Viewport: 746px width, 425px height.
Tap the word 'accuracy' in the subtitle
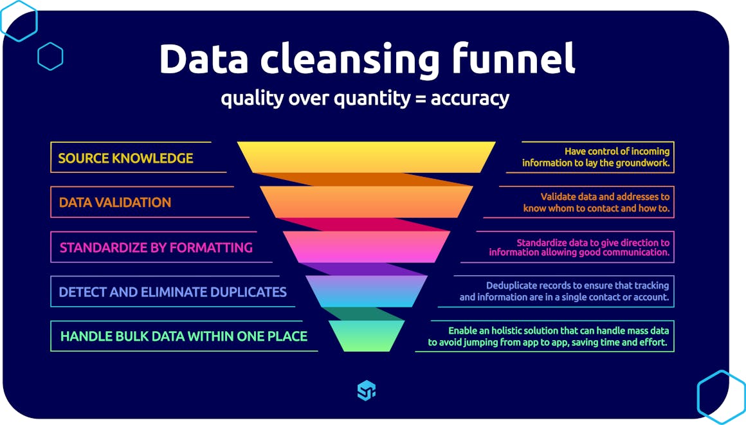pyautogui.click(x=469, y=99)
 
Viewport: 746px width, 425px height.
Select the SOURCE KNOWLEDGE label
pyautogui.click(x=125, y=158)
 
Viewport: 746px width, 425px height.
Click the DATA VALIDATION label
pyautogui.click(x=115, y=203)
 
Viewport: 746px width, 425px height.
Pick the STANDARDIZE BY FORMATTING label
pyautogui.click(x=156, y=248)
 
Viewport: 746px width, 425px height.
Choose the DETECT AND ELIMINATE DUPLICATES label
pyautogui.click(x=172, y=292)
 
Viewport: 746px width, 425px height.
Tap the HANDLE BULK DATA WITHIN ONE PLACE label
pyautogui.click(x=183, y=336)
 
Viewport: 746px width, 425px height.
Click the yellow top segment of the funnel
pyautogui.click(x=366, y=157)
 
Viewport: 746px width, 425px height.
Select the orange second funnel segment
pyautogui.click(x=366, y=202)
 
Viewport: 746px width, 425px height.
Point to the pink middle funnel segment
pyautogui.click(x=366, y=247)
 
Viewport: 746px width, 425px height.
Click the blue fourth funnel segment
pyautogui.click(x=366, y=291)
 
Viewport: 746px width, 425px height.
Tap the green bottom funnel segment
pyautogui.click(x=366, y=336)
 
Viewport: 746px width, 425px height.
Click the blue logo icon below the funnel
pyautogui.click(x=366, y=390)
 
